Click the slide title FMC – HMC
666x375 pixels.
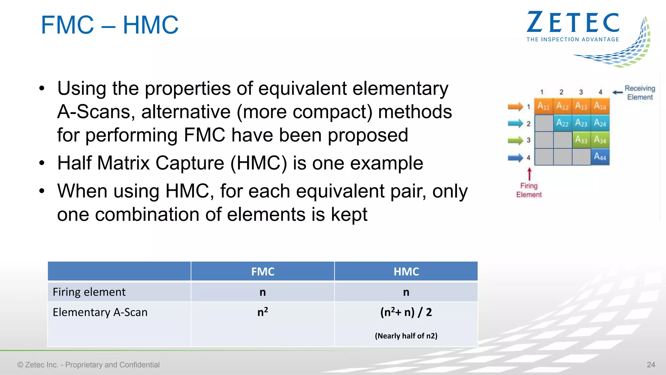tap(110, 25)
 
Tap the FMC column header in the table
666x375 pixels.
tap(262, 271)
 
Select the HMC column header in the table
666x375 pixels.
tap(406, 271)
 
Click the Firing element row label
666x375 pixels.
tap(89, 292)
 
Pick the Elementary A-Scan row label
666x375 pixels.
tap(100, 312)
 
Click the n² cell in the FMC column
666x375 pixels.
tap(262, 312)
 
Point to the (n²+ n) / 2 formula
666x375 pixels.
tap(406, 312)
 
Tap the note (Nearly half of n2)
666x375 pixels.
tap(406, 336)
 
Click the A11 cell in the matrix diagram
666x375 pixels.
tap(543, 106)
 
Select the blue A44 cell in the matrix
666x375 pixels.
tap(600, 157)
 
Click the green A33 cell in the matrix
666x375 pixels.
tap(581, 140)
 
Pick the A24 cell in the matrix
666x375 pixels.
tap(600, 123)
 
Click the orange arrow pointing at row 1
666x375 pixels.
tap(515, 106)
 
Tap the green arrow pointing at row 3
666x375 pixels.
tap(515, 140)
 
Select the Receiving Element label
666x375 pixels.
tap(640, 93)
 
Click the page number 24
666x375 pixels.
tap(651, 365)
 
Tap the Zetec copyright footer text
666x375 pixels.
tap(88, 365)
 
